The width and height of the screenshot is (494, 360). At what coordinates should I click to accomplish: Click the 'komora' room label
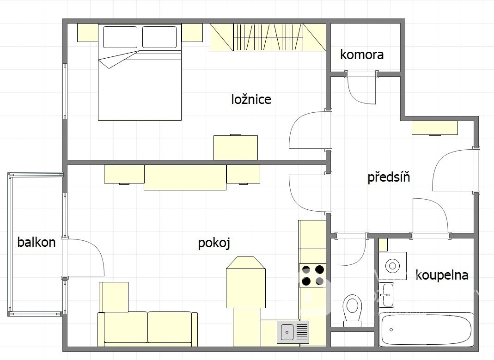[362, 55]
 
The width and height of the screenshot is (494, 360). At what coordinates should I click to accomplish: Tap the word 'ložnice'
[251, 99]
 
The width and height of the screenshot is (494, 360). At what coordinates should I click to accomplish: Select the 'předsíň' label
[389, 177]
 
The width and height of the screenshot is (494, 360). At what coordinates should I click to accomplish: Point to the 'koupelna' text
[442, 275]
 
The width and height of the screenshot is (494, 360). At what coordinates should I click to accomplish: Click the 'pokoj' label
[214, 243]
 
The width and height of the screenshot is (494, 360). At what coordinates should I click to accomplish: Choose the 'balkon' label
[37, 242]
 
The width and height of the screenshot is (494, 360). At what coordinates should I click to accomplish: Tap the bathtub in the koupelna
[426, 329]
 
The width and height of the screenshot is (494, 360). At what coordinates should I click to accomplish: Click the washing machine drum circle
[392, 266]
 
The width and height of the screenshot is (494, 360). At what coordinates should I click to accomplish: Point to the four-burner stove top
[312, 275]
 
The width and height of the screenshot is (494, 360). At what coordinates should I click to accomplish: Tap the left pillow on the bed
[120, 37]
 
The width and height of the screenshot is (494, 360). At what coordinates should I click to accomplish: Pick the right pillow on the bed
[159, 37]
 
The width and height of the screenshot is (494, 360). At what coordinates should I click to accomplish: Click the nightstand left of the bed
[88, 33]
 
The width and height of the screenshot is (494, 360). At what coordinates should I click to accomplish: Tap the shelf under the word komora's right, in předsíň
[435, 128]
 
